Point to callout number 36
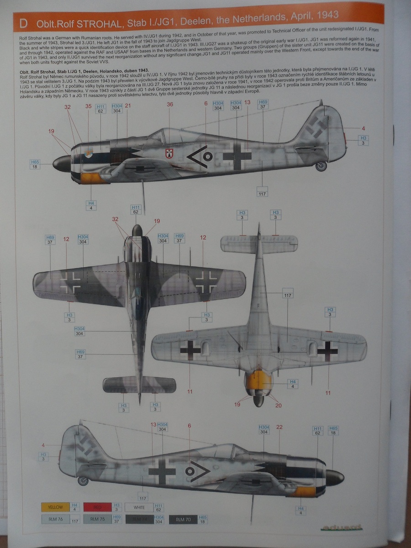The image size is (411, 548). click(170, 105)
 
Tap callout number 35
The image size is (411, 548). click(88, 106)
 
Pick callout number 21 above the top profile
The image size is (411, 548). click(128, 106)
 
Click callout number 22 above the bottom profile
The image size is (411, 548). click(279, 427)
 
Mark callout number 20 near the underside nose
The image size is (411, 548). click(278, 405)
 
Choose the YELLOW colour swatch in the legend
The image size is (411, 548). click(52, 507)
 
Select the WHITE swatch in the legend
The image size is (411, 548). click(139, 507)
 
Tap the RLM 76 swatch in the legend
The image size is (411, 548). click(52, 519)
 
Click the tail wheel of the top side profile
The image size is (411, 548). click(321, 166)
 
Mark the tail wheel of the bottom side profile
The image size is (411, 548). click(83, 480)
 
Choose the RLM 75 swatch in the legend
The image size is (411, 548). click(97, 519)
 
